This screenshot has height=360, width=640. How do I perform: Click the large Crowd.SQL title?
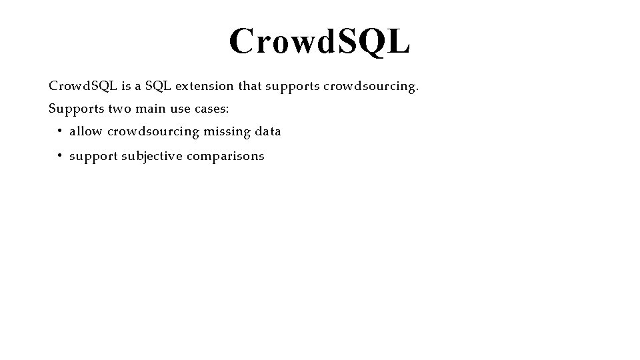(319, 41)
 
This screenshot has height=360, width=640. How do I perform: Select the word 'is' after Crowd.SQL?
(126, 86)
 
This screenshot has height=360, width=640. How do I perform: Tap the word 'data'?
(267, 131)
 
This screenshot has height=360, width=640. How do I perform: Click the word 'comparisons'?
(225, 157)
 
